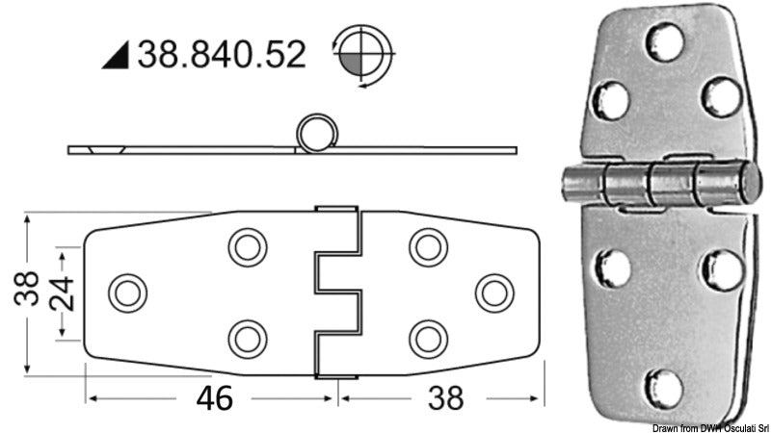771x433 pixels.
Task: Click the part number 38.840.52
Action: [x=222, y=54]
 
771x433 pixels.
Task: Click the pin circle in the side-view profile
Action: [x=312, y=133]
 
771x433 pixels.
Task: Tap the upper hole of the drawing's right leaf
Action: [x=427, y=247]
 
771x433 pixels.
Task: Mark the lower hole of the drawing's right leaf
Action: [x=427, y=338]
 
